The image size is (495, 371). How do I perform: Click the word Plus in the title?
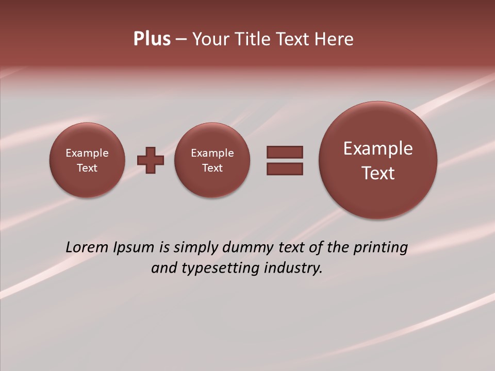(x=152, y=39)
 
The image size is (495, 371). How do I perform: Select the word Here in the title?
(x=336, y=39)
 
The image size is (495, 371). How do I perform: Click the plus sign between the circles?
(x=151, y=160)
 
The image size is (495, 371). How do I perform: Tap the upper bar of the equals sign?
(x=285, y=152)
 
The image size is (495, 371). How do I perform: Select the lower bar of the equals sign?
(x=285, y=168)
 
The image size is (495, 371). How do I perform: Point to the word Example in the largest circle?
(x=378, y=148)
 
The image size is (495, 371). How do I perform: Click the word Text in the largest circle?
(x=378, y=173)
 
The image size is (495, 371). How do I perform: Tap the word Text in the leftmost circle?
(x=87, y=168)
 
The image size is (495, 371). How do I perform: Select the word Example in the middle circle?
(x=212, y=153)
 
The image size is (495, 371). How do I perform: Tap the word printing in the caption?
(x=380, y=247)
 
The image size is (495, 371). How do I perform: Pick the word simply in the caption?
(x=196, y=247)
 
